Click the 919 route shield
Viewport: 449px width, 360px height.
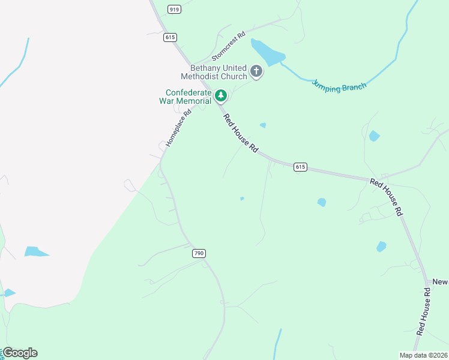coord(175,9)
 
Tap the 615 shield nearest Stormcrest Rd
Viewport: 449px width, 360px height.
coord(170,37)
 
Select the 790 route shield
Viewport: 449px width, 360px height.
coord(199,253)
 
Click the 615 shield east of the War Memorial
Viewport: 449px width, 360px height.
coord(301,167)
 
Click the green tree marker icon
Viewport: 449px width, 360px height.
coord(221,95)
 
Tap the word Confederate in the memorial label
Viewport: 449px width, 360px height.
coord(188,93)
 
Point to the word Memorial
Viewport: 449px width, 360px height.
coord(193,101)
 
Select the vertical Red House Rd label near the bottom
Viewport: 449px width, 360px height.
coord(423,311)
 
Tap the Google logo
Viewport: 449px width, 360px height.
coord(20,353)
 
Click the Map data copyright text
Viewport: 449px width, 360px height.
coord(423,355)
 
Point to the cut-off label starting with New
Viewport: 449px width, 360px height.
coord(440,282)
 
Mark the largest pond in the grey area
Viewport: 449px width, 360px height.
coord(37,251)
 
